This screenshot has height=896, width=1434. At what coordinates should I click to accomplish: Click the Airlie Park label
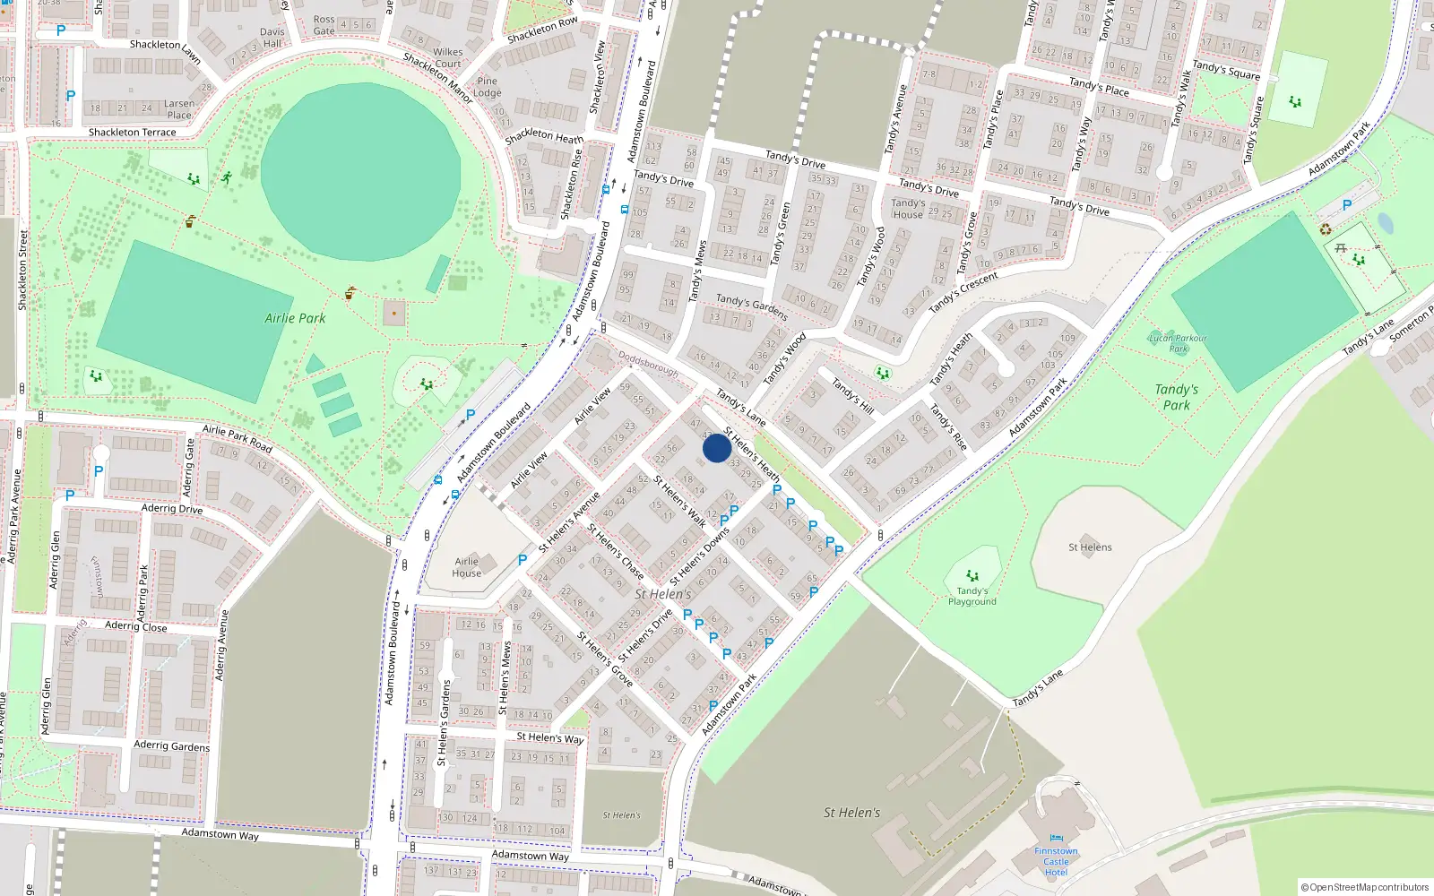tap(295, 318)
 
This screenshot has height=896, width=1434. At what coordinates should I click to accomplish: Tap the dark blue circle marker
tap(716, 448)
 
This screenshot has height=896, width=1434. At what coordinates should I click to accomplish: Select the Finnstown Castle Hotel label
tap(1056, 862)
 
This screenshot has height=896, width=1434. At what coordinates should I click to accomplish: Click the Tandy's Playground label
tap(972, 596)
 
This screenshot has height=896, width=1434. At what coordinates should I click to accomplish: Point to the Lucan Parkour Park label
tap(1178, 343)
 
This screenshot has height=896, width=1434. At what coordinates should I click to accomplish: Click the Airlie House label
tap(466, 567)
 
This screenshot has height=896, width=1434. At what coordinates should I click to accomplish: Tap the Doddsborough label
tap(648, 363)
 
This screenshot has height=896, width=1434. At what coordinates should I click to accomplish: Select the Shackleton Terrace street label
tap(132, 133)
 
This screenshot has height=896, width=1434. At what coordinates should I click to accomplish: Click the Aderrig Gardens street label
tap(171, 745)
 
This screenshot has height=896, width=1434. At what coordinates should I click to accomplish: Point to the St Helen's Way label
tap(549, 737)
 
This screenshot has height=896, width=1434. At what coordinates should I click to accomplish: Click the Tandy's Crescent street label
tap(963, 292)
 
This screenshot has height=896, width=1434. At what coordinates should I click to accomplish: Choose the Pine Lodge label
tap(488, 87)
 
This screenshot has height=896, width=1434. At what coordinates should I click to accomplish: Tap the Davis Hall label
tap(272, 38)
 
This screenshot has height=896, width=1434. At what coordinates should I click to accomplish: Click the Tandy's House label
tap(908, 209)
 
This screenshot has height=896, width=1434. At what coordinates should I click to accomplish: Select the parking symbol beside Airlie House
tap(523, 560)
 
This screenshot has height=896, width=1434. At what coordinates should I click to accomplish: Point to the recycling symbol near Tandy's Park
tap(1326, 229)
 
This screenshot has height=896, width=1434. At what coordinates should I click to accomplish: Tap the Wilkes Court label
tap(447, 57)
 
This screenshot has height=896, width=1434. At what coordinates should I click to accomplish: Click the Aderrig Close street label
tap(135, 626)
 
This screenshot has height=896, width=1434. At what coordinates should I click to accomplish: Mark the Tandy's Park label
tap(1176, 397)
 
